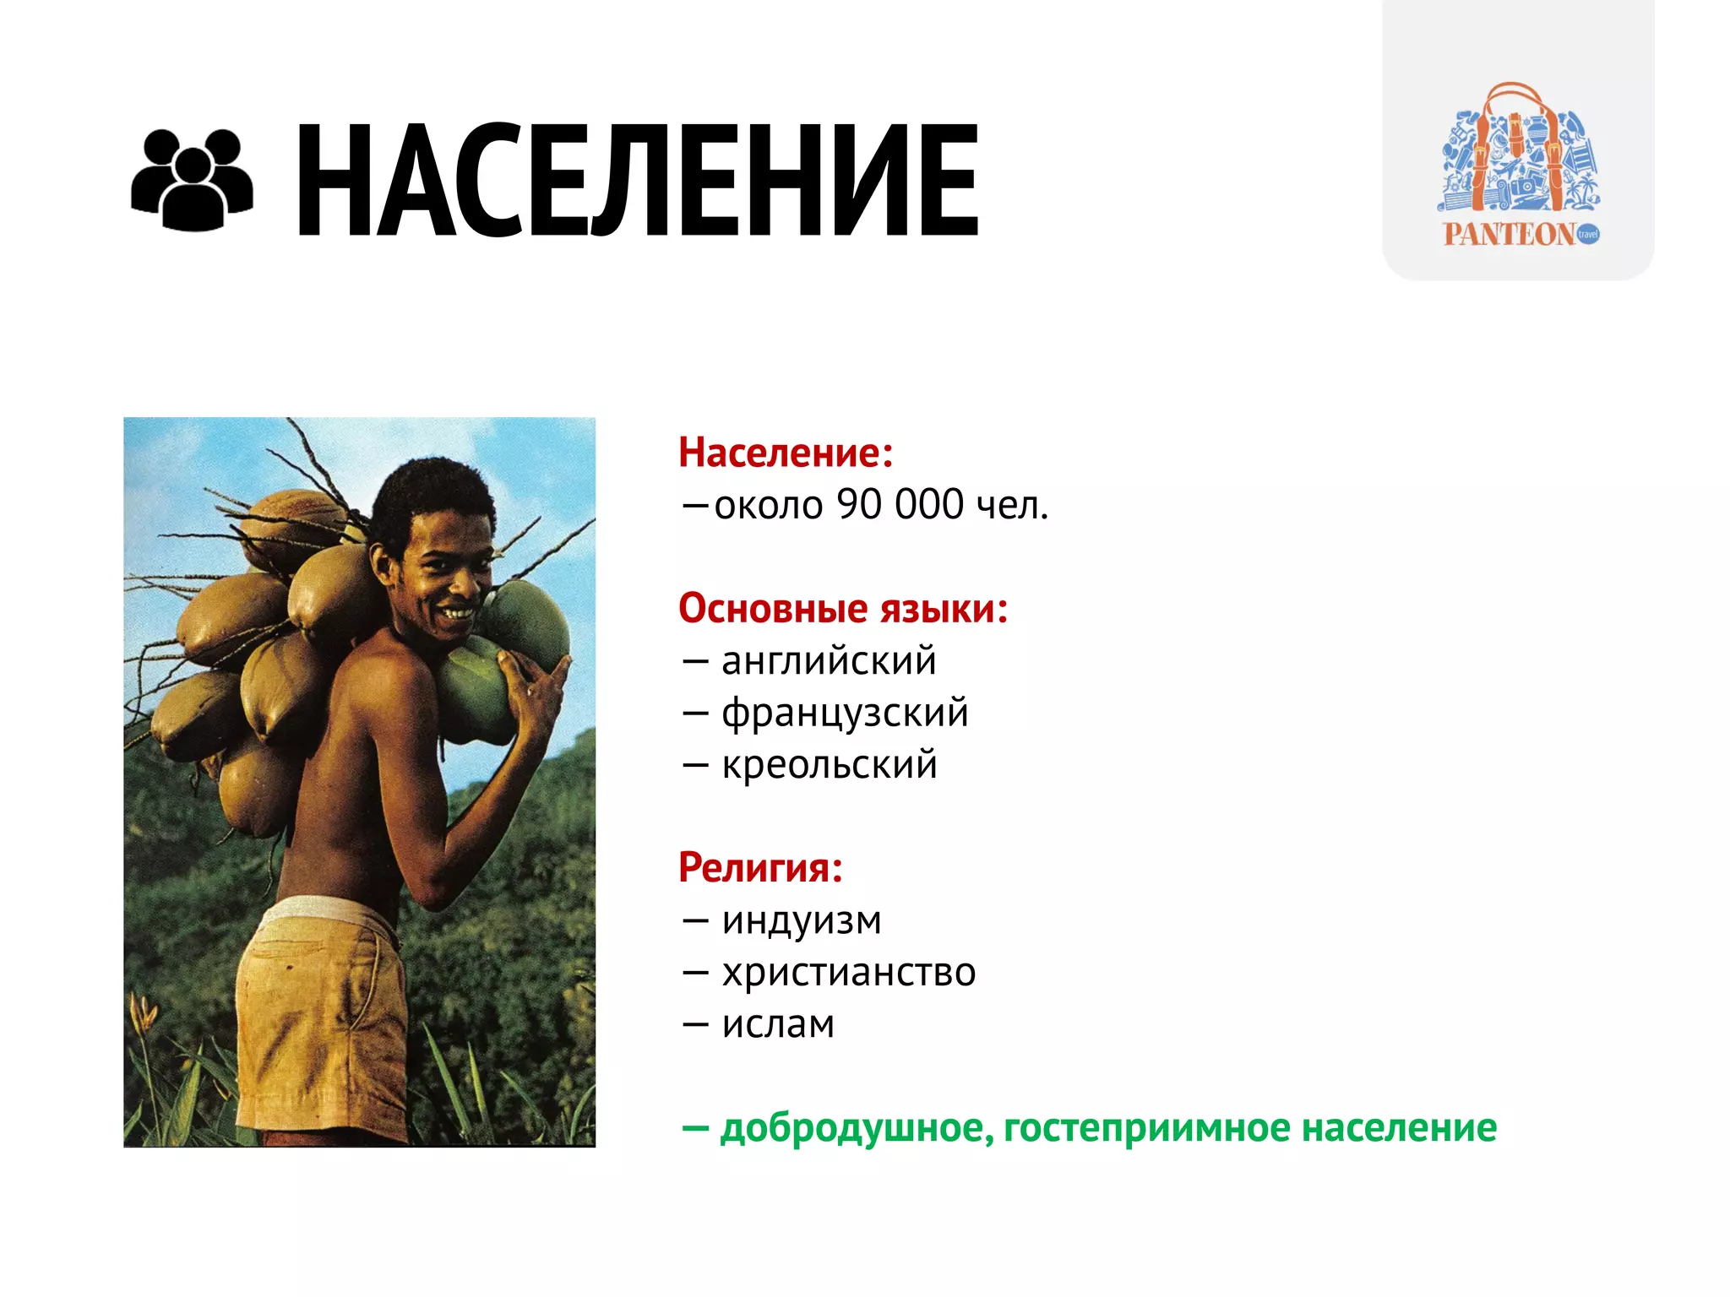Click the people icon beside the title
point(192,180)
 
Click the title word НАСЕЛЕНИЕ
point(637,180)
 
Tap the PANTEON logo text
point(1509,235)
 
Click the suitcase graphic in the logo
point(1518,152)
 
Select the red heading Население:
point(786,453)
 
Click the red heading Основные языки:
point(843,608)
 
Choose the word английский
point(829,660)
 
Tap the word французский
point(845,713)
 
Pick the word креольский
point(830,764)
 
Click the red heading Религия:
point(760,867)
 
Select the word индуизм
point(802,920)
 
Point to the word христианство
point(849,972)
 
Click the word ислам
point(778,1024)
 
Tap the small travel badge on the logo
point(1588,234)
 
